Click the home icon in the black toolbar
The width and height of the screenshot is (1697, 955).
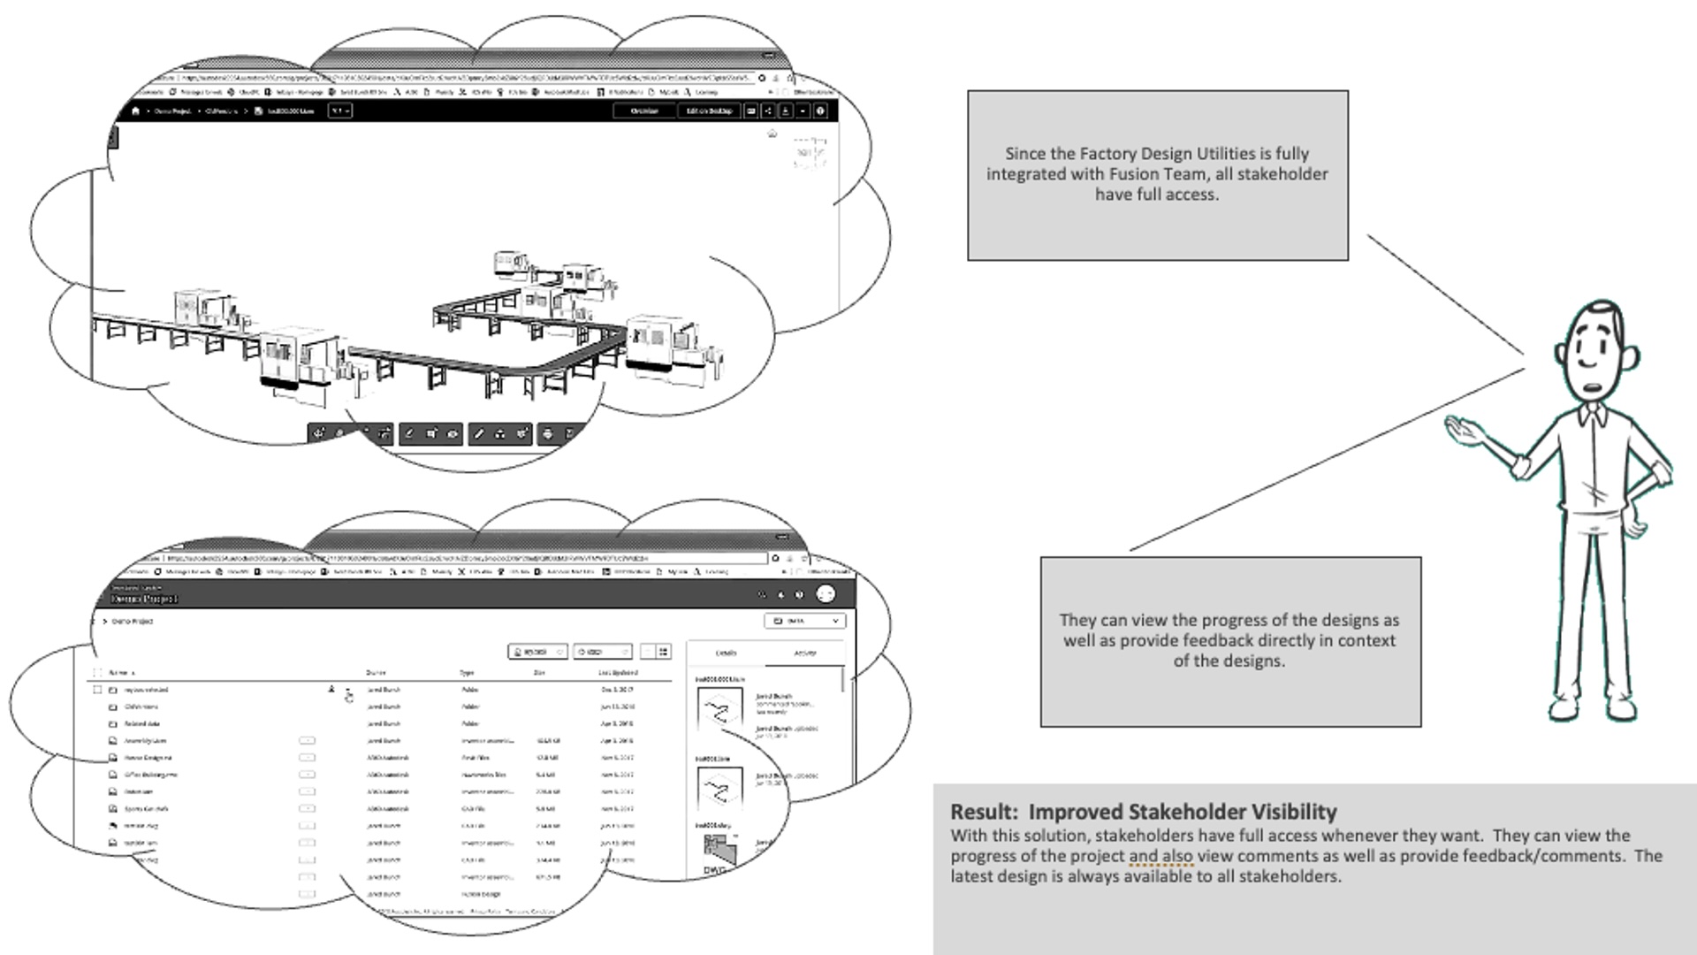tap(135, 111)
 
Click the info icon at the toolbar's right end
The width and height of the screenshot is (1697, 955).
tap(820, 111)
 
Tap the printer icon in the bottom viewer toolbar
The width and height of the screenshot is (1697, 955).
tap(548, 433)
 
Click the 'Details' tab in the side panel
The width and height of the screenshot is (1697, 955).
tap(726, 653)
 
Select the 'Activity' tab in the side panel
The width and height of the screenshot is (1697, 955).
tap(805, 653)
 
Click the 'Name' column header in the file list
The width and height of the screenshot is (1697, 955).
tap(119, 673)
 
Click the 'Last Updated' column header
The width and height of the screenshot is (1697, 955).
tap(618, 673)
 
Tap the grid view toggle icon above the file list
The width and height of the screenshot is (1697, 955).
tap(664, 652)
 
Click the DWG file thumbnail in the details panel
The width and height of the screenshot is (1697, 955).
tap(718, 853)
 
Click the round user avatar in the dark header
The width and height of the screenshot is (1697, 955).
tap(825, 594)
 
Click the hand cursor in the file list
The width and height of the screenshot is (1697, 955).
tap(349, 697)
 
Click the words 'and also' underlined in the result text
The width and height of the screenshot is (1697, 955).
tap(1161, 856)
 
